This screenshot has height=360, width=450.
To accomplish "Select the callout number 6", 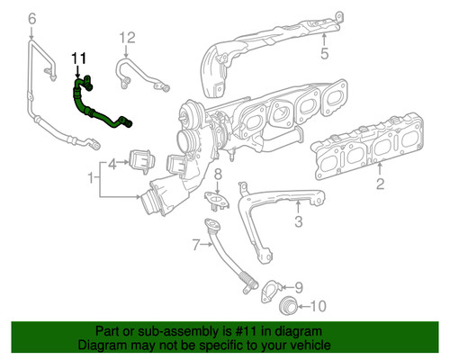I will (33, 19).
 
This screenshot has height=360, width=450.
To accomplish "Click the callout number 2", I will (380, 185).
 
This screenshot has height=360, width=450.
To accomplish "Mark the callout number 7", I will (195, 244).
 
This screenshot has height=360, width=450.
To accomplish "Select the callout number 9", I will (300, 287).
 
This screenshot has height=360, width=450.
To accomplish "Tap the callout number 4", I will (112, 165).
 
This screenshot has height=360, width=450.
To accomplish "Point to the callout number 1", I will (91, 180).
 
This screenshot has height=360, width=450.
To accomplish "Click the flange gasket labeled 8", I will (217, 195).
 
